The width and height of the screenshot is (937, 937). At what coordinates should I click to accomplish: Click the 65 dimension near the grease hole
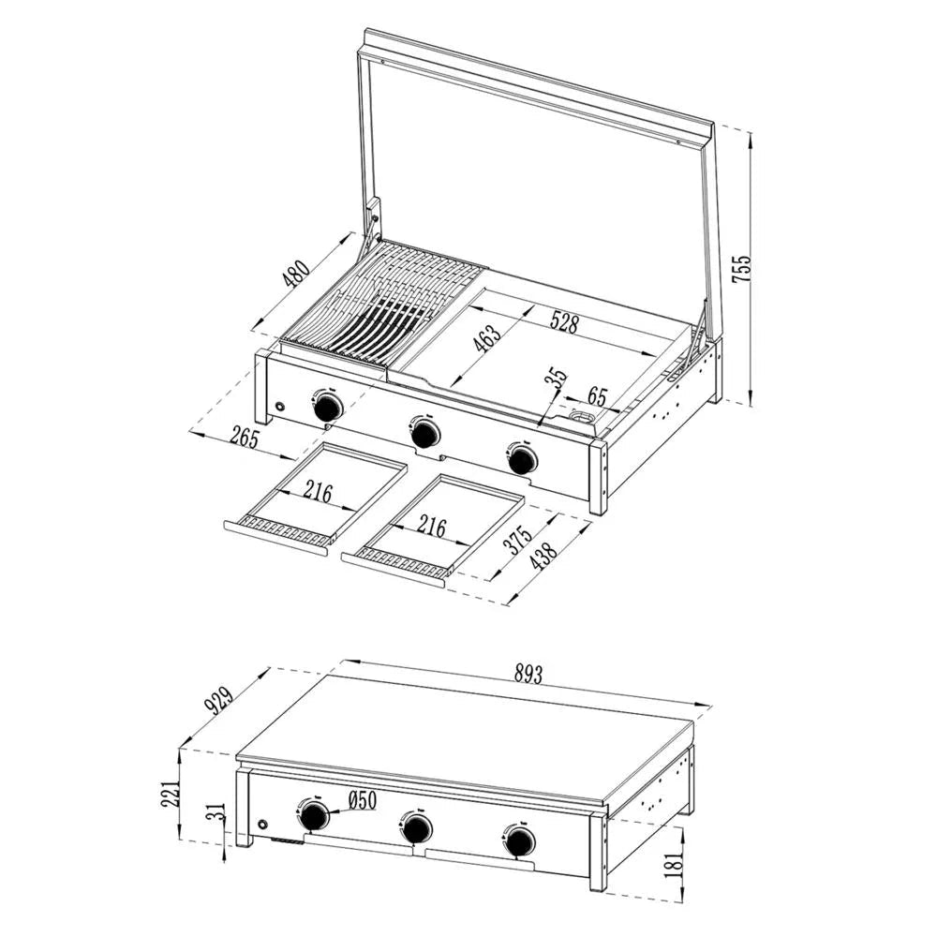(597, 394)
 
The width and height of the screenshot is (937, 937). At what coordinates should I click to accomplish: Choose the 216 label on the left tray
(317, 492)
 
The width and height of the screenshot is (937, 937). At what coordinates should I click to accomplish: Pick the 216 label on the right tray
(431, 528)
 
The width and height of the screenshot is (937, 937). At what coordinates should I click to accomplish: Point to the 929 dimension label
(221, 698)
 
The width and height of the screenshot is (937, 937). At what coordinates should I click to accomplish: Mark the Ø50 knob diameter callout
(361, 801)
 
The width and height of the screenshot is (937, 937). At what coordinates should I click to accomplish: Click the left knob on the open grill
(327, 407)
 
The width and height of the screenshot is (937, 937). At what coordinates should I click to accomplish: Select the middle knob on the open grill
(424, 434)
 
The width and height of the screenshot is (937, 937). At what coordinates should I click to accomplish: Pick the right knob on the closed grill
(520, 840)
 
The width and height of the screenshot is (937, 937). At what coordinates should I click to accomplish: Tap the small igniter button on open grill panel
(279, 407)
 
